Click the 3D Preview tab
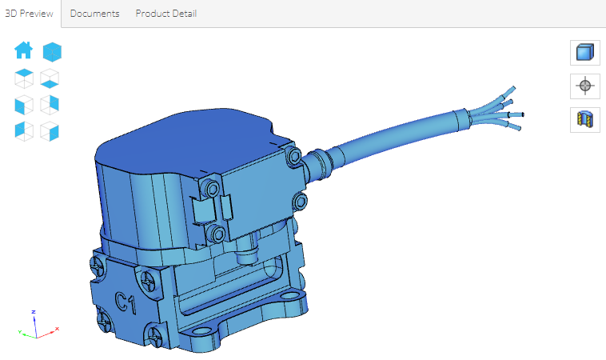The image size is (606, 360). point(30,14)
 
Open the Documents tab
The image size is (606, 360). point(94,14)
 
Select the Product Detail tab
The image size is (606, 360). point(165,14)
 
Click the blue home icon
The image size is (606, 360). point(24,51)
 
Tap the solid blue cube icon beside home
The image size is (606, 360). point(52,52)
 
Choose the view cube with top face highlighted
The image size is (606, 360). point(24,78)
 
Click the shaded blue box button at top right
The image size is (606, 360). point(584,53)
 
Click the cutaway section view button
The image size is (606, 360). point(584,119)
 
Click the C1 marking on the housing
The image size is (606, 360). point(126,302)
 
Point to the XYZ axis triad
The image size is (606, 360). point(34,324)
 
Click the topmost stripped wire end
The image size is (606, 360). point(512,89)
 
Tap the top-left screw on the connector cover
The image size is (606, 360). point(212,189)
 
